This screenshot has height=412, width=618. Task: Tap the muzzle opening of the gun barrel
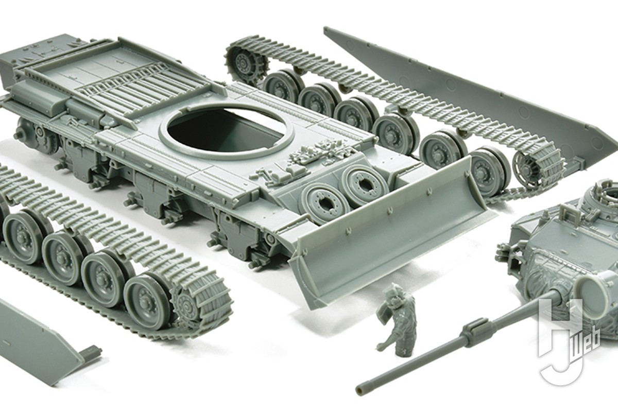coord(360,387)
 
